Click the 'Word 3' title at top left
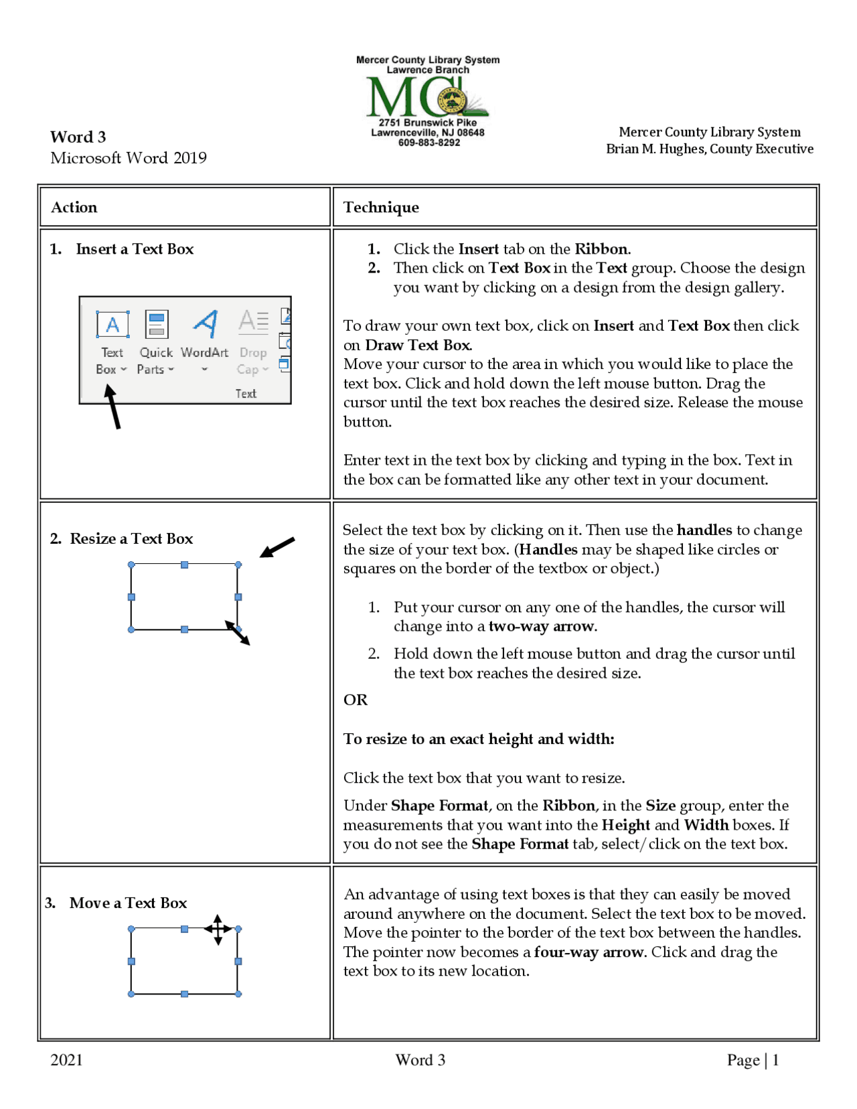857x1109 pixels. (78, 137)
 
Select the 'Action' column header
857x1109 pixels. (74, 207)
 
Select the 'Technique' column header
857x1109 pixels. (381, 207)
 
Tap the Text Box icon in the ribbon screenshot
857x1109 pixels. (112, 325)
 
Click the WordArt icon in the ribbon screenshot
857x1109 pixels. (206, 325)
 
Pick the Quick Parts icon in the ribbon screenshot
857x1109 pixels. (157, 325)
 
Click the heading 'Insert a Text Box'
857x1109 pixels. (135, 249)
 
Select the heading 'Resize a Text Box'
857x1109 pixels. (131, 538)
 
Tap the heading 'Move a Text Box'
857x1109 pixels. (128, 903)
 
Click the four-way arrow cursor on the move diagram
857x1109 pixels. (218, 929)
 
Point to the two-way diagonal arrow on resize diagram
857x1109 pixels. (238, 633)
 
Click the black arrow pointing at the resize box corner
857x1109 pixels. (277, 546)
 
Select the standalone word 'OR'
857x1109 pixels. (356, 700)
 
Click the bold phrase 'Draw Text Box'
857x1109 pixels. (418, 345)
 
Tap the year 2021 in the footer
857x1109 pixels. (66, 1059)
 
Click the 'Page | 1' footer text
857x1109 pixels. (753, 1059)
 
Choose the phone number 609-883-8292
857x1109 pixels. (428, 143)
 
